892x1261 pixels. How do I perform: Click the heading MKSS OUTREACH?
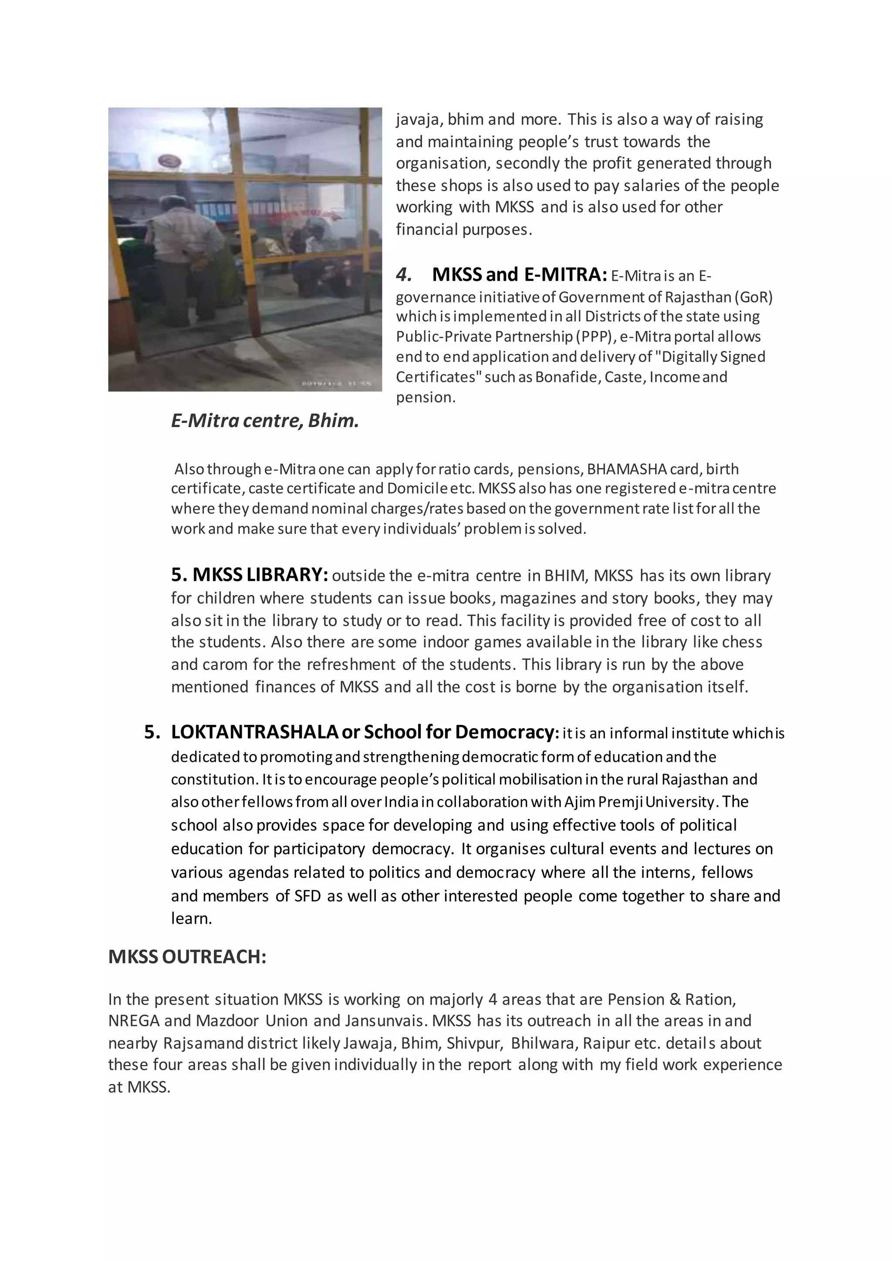(187, 957)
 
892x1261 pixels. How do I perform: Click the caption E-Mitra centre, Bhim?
(265, 421)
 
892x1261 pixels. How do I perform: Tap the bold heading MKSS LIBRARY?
(250, 575)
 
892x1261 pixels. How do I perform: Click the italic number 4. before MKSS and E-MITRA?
(404, 274)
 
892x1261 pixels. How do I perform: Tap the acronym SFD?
(307, 896)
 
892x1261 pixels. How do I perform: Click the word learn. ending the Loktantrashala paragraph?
(191, 919)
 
